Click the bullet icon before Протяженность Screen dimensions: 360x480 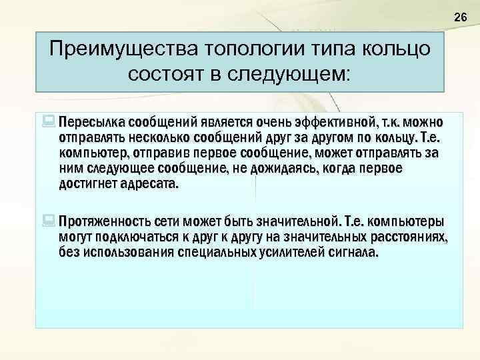point(49,221)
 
